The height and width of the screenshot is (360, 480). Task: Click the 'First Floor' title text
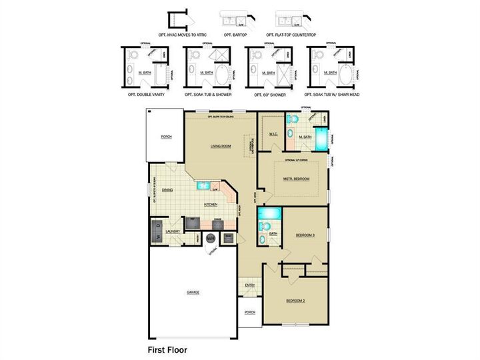coord(167,349)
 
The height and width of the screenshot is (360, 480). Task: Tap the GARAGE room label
coord(193,292)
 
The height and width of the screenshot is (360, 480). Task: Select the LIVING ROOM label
coord(221,145)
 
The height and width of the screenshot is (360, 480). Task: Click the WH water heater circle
coord(211,237)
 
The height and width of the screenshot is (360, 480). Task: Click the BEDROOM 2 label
coord(295,301)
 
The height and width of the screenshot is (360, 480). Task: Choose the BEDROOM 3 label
coord(305,235)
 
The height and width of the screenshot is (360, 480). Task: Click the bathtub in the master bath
coord(322,140)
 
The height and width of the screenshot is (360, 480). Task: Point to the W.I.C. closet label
coord(273,134)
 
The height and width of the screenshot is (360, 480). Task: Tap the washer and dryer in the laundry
coord(157,231)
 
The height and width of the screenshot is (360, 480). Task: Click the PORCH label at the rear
coord(166,137)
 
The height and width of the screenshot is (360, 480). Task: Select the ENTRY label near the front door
coord(250,285)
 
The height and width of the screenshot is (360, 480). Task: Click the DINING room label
coord(167,189)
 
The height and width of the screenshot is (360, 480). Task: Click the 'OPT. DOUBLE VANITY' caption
coord(146,95)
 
